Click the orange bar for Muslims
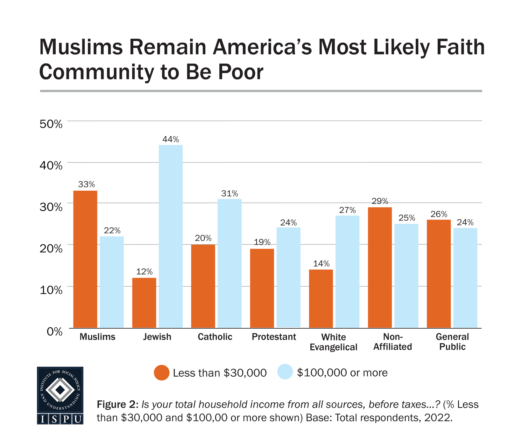(85, 259)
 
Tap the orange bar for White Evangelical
(321, 298)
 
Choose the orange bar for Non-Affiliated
(380, 267)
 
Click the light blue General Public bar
(465, 278)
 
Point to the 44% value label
(171, 139)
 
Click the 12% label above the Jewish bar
(144, 272)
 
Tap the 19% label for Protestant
(262, 242)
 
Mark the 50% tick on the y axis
(51, 124)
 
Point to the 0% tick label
(54, 331)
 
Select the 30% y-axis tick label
(51, 207)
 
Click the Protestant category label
(274, 337)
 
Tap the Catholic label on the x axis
(215, 337)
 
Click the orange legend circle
(162, 372)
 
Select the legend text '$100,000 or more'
(342, 372)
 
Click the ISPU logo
(60, 395)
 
